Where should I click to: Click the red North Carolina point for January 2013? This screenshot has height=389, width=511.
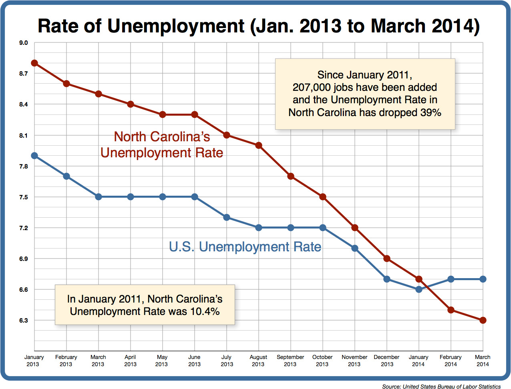pos(34,63)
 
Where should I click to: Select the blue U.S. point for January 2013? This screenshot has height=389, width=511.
pos(34,156)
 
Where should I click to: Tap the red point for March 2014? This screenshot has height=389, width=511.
pos(483,320)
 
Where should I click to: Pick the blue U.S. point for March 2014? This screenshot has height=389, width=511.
pos(483,279)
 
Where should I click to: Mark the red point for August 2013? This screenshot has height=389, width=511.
pos(259,145)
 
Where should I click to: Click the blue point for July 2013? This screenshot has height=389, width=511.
pos(227,217)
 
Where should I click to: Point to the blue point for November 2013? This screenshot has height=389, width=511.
pos(355,248)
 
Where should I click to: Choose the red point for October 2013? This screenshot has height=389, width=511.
pos(323,197)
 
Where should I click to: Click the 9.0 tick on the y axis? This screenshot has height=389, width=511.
pos(24,43)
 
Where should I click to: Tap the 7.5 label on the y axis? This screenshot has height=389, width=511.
pos(24,197)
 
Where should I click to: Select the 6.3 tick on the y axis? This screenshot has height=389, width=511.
pos(24,321)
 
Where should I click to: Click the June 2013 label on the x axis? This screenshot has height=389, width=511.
pos(194,361)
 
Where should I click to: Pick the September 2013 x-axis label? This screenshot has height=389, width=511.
pos(290,361)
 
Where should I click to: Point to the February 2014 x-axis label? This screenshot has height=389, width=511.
pos(451,361)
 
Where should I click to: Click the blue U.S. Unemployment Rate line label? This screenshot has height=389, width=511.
pos(245,247)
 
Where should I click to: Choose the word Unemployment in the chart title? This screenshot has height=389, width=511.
pos(176,26)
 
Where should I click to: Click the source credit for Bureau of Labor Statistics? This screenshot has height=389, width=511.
pos(441,386)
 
